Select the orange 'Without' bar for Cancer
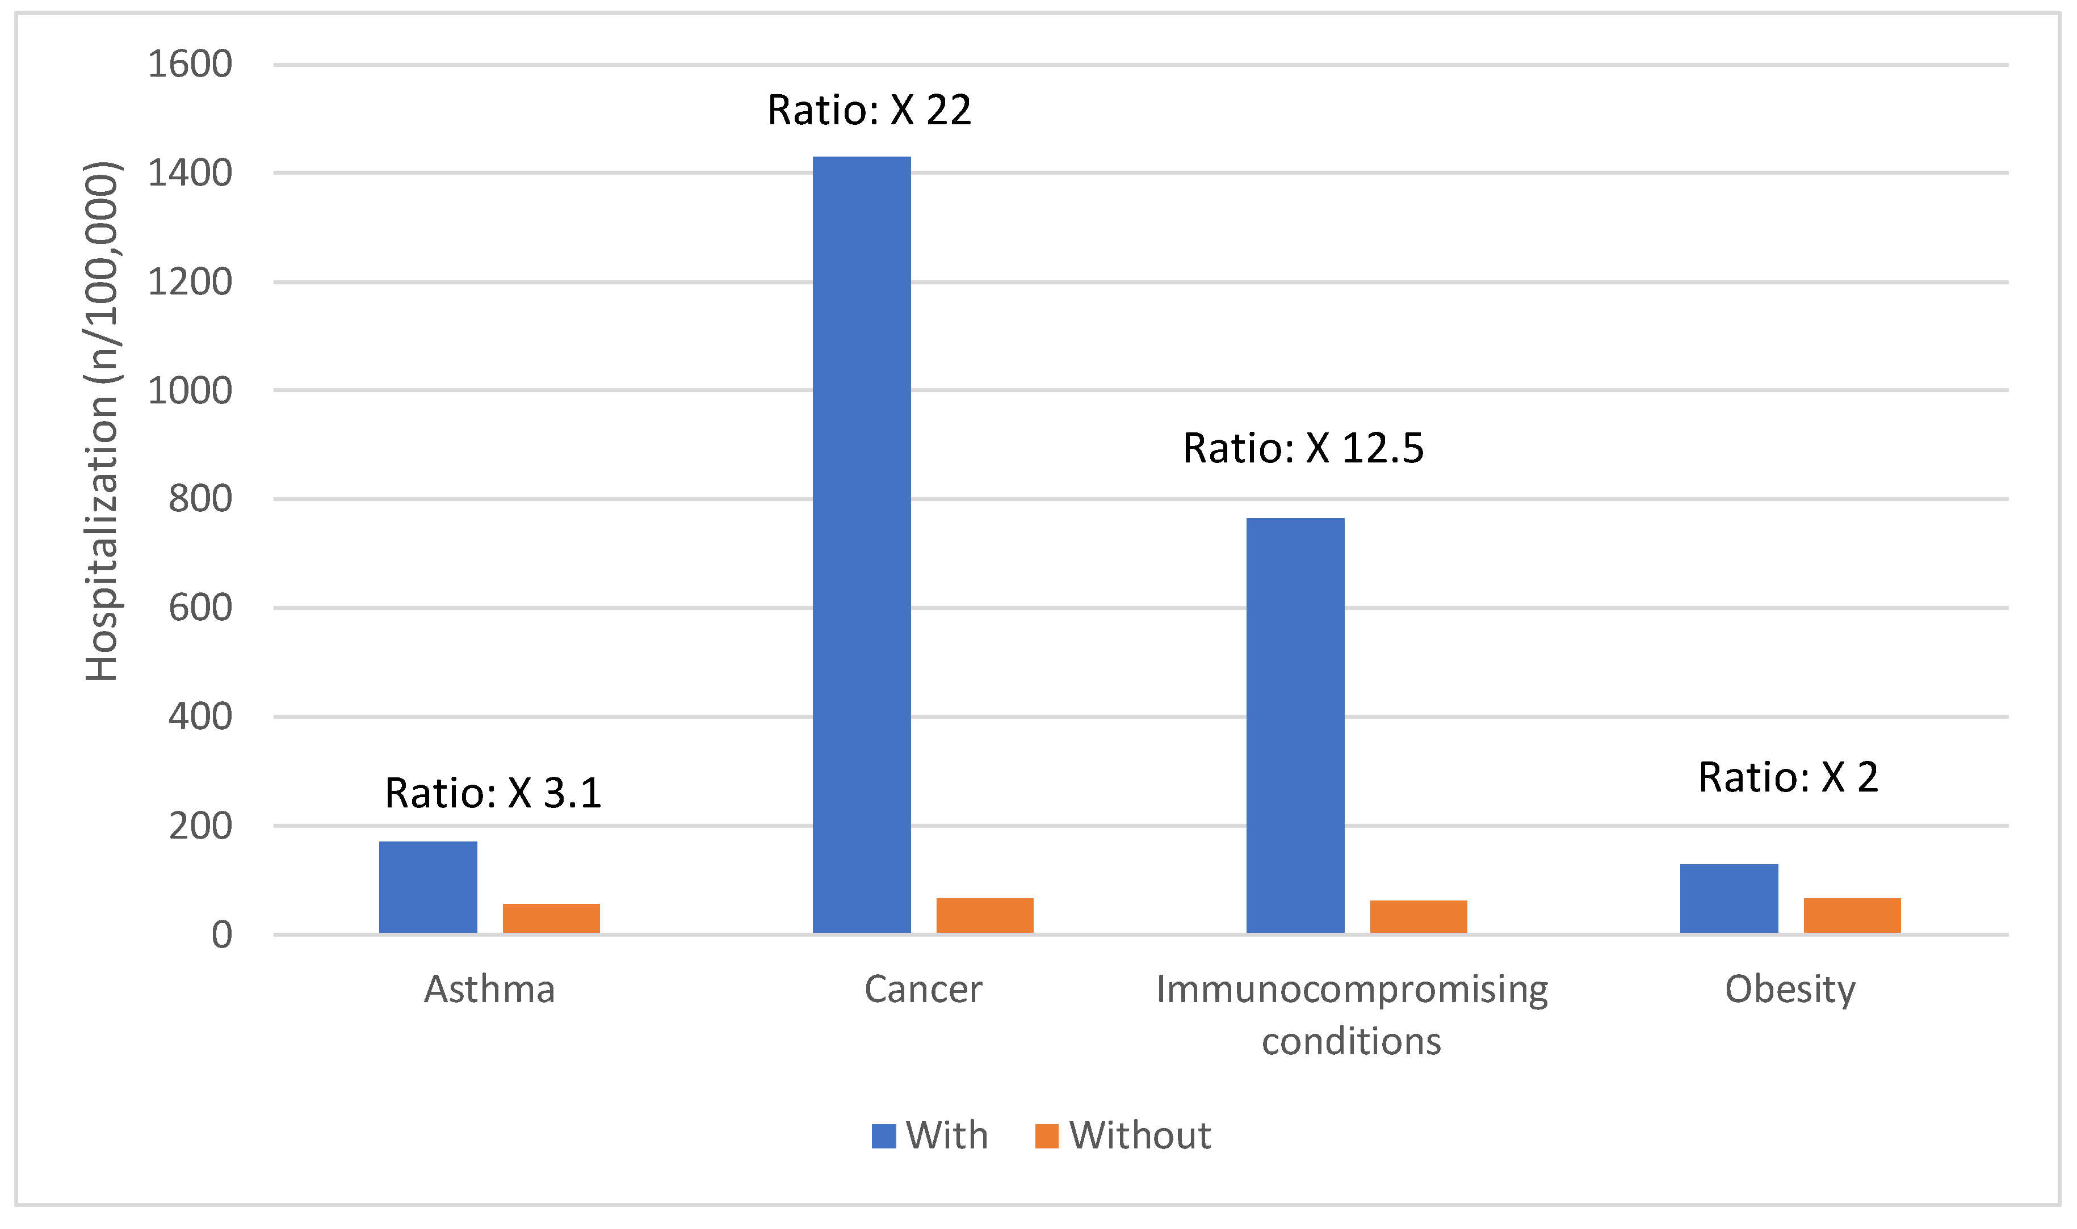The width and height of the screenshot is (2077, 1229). [x=984, y=916]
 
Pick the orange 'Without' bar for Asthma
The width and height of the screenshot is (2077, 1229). [x=551, y=919]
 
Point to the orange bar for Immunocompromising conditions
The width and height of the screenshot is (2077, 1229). [x=1419, y=917]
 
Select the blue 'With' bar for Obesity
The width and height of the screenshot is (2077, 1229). [x=1729, y=899]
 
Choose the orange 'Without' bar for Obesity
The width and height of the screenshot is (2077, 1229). [x=1852, y=916]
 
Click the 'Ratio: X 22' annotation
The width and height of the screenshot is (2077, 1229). [x=869, y=110]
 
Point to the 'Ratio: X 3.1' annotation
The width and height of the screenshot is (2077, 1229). [x=493, y=793]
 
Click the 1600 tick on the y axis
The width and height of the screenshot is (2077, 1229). [x=190, y=65]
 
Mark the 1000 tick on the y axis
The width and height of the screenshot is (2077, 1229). [x=190, y=391]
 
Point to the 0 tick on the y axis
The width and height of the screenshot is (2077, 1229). [x=221, y=935]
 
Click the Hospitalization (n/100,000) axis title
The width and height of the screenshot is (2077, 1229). [x=103, y=422]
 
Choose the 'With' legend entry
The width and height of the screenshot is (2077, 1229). [x=930, y=1135]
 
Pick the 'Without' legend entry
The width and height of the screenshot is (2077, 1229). [x=1123, y=1135]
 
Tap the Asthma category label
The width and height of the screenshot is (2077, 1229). [x=490, y=990]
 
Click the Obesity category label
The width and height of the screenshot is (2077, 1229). [x=1790, y=990]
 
